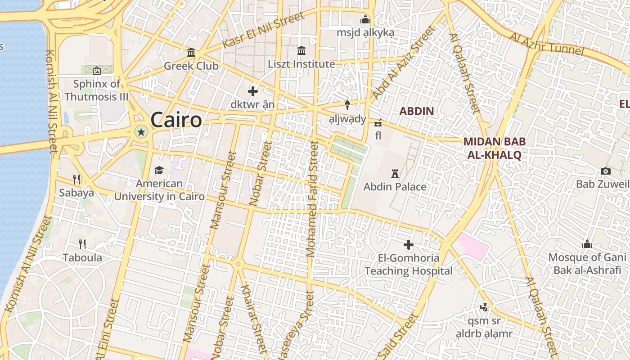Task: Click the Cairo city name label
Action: point(176,120)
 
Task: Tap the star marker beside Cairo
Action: point(141,132)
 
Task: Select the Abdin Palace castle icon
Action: point(395,173)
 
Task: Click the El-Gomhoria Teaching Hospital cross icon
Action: point(409,245)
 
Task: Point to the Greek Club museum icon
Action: point(191,53)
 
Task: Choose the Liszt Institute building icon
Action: point(301,50)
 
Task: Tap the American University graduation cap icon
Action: point(159,170)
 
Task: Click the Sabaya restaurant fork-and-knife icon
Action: point(76,180)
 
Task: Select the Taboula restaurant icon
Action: point(82,244)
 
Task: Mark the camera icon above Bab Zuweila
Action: point(606,171)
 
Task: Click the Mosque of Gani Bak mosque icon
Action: point(587,244)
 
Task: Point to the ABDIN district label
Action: point(417,111)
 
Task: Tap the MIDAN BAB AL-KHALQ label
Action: point(494,148)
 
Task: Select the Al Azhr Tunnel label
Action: point(546,44)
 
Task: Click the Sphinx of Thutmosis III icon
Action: point(96,71)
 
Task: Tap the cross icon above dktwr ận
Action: point(253,91)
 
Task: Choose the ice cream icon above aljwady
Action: point(347,105)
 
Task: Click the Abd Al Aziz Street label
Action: point(404,63)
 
